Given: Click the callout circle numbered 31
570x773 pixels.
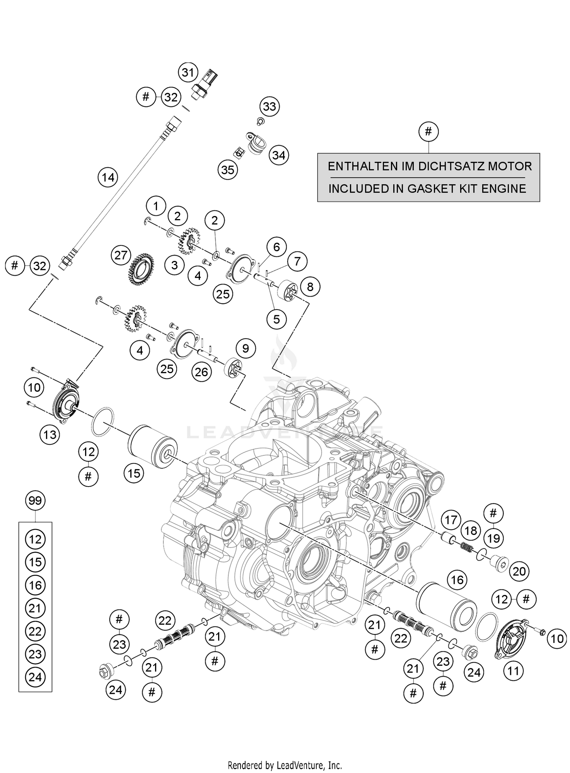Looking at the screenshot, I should coord(188,72).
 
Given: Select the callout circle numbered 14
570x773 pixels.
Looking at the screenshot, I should coord(108,177).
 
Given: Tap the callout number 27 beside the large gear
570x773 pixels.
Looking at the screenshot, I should coord(120,255).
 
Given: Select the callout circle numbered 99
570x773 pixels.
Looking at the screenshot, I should coord(35,501).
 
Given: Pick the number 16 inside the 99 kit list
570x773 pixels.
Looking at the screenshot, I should coord(35,585).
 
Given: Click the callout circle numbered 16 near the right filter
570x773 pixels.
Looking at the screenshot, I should coord(457,580).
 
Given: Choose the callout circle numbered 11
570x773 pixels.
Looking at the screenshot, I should coord(513,671).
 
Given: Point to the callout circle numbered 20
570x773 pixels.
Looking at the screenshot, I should coord(519,571).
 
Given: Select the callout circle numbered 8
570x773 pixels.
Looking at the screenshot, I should coord(310,287).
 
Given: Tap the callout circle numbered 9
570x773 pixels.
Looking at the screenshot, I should coord(245,348).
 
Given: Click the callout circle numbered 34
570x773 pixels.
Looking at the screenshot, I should coord(279,155).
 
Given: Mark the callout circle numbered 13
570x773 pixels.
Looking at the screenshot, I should coord(50,435).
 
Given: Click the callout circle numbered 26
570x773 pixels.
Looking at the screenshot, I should coord(201,371).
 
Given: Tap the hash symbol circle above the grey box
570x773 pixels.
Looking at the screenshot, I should coord(428,132).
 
